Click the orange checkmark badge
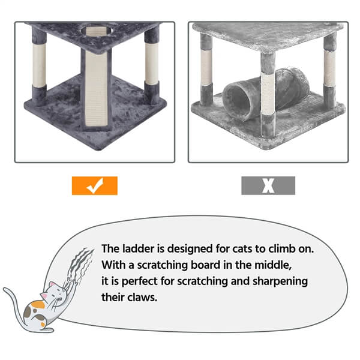click(95, 185)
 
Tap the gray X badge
click(268, 185)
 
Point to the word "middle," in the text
click(273, 265)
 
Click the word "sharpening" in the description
click(280, 281)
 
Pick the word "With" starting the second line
click(113, 265)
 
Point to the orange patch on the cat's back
click(38, 305)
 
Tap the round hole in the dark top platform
click(96, 31)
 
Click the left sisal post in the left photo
click(39, 67)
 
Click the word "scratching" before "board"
click(163, 265)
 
